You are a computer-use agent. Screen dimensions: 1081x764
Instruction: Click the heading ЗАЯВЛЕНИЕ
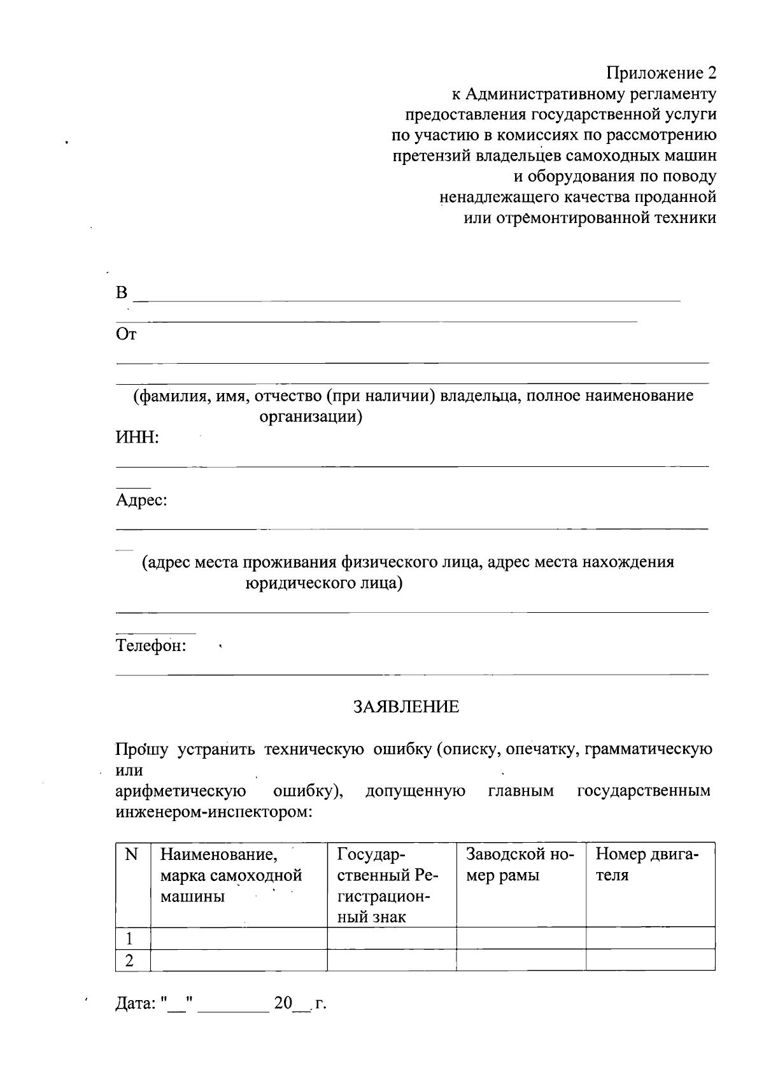point(406,707)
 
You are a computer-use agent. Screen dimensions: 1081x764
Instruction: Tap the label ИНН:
point(137,438)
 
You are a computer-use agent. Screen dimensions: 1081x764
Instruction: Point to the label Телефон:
point(151,646)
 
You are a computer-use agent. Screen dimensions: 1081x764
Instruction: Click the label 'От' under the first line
point(125,334)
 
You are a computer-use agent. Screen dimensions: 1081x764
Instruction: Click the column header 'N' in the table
point(132,855)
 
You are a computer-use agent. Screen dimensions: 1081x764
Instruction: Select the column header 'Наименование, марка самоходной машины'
point(230,875)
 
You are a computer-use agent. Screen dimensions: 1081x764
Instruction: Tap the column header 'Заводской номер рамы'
point(520,864)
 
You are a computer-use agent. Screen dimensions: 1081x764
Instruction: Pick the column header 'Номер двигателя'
point(646,864)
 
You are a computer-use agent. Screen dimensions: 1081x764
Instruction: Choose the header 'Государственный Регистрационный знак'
point(388,885)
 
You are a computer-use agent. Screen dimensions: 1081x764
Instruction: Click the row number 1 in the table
point(130,938)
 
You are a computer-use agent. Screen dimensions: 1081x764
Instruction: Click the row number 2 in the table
point(130,961)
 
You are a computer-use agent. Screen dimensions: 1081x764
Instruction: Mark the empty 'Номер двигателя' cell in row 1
point(650,938)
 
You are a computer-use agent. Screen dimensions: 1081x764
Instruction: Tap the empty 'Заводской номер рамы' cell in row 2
point(521,961)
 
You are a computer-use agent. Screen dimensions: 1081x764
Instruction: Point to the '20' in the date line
point(283,1004)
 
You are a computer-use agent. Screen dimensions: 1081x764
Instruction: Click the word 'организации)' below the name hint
point(311,417)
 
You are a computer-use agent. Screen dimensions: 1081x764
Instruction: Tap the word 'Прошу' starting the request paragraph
point(141,750)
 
